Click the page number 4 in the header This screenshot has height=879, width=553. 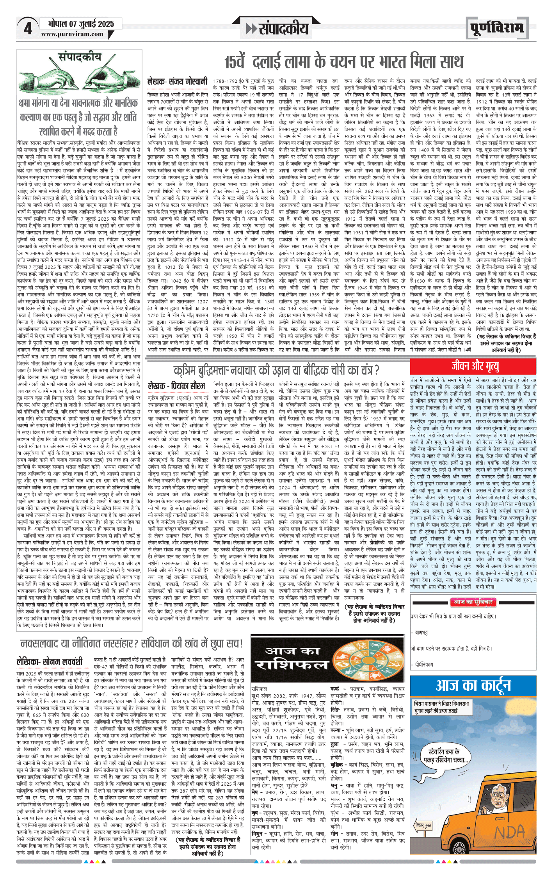[27, 29]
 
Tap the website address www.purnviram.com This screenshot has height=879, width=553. [72, 34]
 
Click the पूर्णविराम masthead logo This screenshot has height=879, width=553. [497, 28]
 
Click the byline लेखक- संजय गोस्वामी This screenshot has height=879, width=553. [177, 82]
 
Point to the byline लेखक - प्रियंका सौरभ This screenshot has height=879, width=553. [176, 386]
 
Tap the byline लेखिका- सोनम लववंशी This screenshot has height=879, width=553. [50, 661]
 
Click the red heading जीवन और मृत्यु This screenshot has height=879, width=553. [475, 366]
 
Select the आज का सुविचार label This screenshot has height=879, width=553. [473, 602]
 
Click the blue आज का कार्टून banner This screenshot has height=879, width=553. [473, 685]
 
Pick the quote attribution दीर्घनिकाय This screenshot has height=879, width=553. [424, 664]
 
